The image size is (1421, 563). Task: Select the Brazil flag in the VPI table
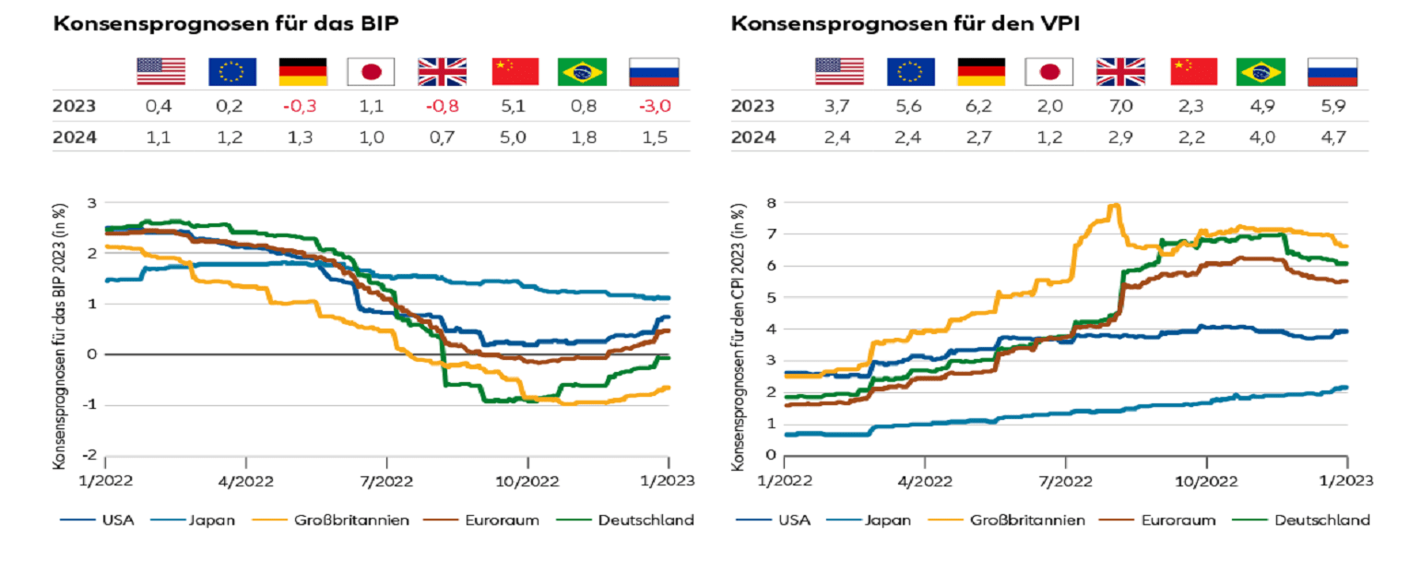(1260, 71)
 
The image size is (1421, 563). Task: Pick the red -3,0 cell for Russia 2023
(653, 106)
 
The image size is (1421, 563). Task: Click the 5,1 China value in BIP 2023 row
(515, 106)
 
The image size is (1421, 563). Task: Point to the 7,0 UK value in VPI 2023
(1120, 106)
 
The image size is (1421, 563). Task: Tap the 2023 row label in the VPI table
(752, 106)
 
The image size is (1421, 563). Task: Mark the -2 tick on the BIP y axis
(91, 456)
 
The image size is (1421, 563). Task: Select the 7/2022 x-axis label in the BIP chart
(387, 480)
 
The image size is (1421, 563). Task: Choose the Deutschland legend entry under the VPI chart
(1321, 521)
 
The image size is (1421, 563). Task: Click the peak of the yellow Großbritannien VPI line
(1116, 205)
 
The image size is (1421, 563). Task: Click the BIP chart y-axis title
(60, 329)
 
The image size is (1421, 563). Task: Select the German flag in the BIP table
(302, 71)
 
